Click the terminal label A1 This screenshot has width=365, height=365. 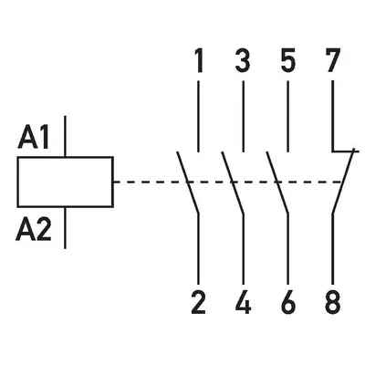click(x=34, y=138)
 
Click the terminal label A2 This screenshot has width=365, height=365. click(x=34, y=230)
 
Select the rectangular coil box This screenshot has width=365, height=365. click(x=66, y=182)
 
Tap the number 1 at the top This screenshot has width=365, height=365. click(x=199, y=61)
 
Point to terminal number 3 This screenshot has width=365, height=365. click(x=243, y=61)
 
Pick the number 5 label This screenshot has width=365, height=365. click(x=287, y=61)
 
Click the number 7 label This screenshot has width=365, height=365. click(x=332, y=61)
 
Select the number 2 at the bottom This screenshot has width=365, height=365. click(x=198, y=302)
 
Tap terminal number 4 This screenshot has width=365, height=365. click(x=243, y=302)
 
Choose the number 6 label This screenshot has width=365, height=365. click(x=287, y=302)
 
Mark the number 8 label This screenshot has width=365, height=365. click(x=332, y=302)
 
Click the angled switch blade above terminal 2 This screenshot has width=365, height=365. click(x=188, y=182)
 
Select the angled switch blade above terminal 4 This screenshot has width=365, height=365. click(x=233, y=182)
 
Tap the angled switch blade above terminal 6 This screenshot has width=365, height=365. click(x=277, y=182)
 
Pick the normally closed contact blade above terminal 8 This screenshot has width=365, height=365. click(x=343, y=182)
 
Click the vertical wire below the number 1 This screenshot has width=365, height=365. click(x=199, y=116)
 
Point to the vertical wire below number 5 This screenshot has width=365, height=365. click(x=287, y=116)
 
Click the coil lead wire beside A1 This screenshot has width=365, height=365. click(x=65, y=136)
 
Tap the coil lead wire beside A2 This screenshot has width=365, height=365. click(x=65, y=228)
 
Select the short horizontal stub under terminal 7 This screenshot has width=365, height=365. click(x=345, y=151)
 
